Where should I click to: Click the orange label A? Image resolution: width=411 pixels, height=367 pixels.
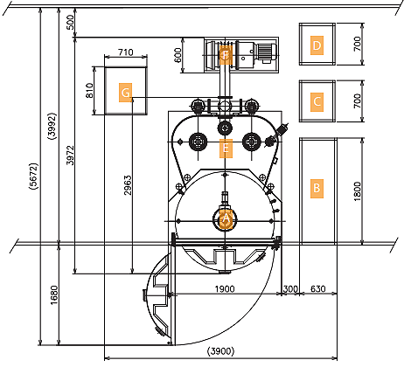click(226, 218)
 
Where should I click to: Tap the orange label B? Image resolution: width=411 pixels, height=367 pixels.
click(317, 189)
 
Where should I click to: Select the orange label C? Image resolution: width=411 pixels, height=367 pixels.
click(317, 102)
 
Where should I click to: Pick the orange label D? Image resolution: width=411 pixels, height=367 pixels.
click(317, 45)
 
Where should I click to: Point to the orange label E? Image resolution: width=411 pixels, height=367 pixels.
click(226, 149)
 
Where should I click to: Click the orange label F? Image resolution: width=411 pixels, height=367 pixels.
click(226, 55)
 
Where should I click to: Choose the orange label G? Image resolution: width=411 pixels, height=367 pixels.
click(125, 93)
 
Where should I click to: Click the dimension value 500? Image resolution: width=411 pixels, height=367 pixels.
click(71, 23)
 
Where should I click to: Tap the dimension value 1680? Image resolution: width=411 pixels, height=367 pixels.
click(54, 295)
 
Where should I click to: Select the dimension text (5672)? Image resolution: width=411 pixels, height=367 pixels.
click(33, 177)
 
